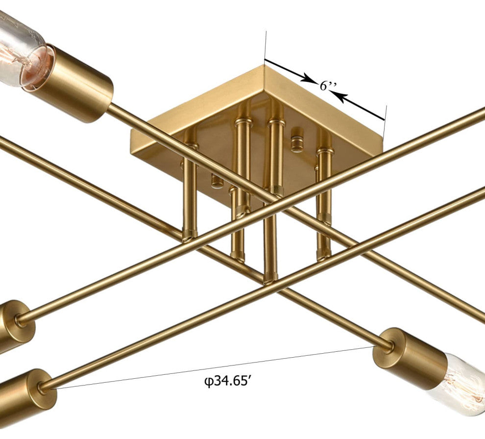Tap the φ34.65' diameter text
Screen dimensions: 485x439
coord(227,382)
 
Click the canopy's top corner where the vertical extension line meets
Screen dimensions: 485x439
coord(265,65)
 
